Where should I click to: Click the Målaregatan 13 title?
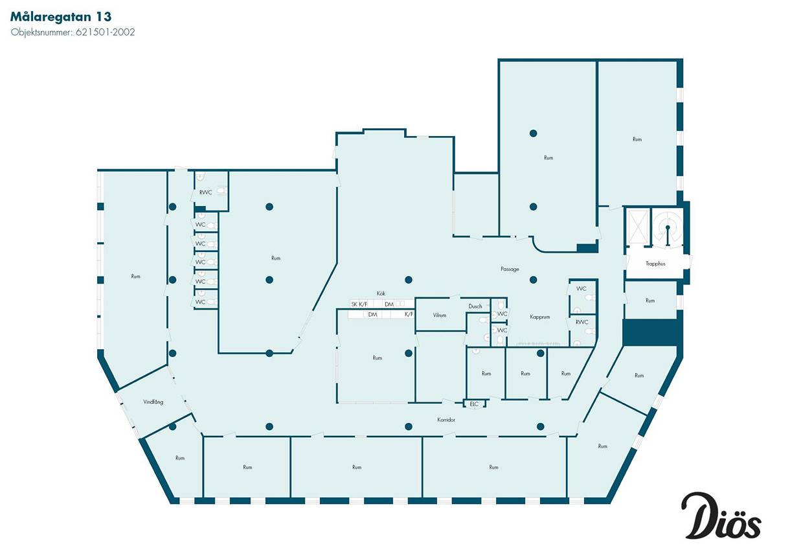click(x=61, y=17)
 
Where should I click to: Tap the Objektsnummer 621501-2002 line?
click(x=73, y=32)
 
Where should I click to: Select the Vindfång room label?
click(x=153, y=402)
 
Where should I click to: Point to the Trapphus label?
click(x=655, y=264)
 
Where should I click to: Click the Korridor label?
click(x=446, y=420)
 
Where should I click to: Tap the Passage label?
click(x=510, y=269)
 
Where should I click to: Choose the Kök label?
click(x=381, y=293)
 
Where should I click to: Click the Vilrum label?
click(x=440, y=315)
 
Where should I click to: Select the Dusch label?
click(x=475, y=306)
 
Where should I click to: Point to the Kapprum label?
click(x=540, y=317)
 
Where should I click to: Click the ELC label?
click(x=474, y=404)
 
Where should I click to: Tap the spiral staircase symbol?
click(x=667, y=227)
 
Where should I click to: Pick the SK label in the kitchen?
click(x=354, y=304)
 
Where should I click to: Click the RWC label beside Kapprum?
click(x=582, y=322)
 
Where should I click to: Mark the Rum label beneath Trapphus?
click(x=650, y=301)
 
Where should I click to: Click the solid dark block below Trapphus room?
click(x=649, y=332)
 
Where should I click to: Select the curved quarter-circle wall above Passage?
click(x=539, y=247)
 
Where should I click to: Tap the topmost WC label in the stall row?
click(x=200, y=225)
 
